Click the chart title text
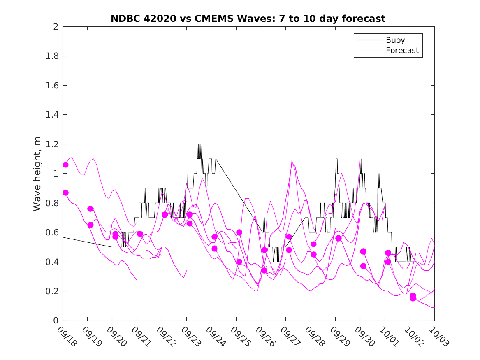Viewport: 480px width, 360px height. click(248, 19)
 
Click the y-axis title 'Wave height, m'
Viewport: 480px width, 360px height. click(37, 174)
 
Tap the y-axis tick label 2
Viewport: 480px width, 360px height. click(55, 27)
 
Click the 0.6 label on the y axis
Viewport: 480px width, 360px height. click(53, 232)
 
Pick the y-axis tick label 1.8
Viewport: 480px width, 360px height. click(53, 56)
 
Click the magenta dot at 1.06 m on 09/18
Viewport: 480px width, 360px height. click(65, 165)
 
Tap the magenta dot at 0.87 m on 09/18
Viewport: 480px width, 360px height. click(65, 193)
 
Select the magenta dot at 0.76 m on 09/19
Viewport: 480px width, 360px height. click(90, 209)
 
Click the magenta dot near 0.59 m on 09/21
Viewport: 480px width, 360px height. click(140, 234)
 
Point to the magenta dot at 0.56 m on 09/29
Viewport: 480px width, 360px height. click(339, 238)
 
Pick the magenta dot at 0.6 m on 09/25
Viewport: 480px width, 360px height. click(239, 232)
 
